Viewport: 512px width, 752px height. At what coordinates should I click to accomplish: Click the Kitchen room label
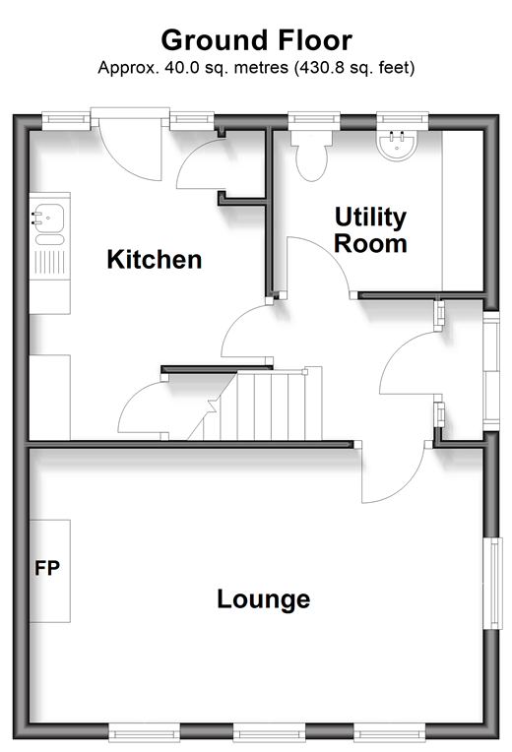point(154,260)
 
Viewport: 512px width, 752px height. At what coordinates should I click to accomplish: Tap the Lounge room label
point(264,599)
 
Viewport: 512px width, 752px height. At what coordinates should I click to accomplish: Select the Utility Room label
point(370,230)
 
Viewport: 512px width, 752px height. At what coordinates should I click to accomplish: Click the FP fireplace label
point(47,568)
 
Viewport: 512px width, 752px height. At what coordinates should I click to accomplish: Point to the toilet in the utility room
point(311,155)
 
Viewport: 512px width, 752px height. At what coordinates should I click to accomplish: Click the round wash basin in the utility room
point(397,145)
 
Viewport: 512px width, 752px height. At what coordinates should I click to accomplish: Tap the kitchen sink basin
point(48,218)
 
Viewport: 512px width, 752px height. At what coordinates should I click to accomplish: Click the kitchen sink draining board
point(49,262)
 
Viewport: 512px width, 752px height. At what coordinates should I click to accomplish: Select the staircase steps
point(255,404)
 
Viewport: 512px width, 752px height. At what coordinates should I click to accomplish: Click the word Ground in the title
point(215,40)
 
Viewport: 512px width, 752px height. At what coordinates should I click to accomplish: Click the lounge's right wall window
point(493,583)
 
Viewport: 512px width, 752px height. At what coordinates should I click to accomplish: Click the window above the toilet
point(314,121)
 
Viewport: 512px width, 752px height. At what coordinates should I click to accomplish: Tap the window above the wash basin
point(402,121)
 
